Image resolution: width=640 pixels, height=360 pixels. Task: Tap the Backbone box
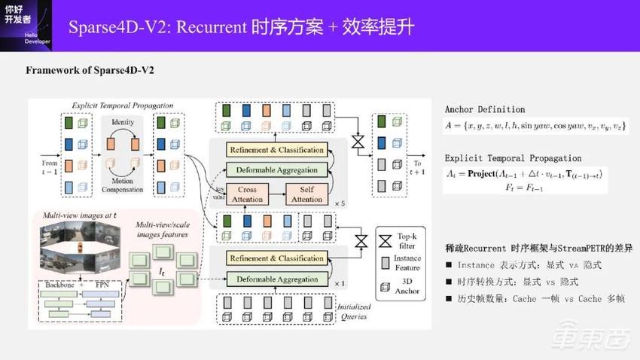pos(56,287)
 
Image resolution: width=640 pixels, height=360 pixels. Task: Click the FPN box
pos(102,287)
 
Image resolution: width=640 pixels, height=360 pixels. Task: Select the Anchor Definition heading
pos(485,109)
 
